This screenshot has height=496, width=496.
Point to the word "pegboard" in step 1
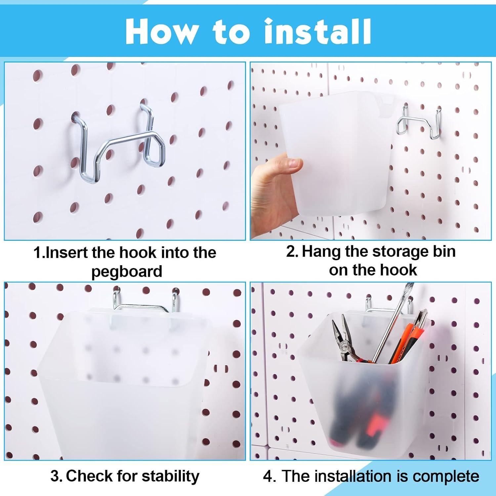click(x=127, y=272)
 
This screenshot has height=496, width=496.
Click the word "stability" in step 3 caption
click(x=170, y=476)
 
